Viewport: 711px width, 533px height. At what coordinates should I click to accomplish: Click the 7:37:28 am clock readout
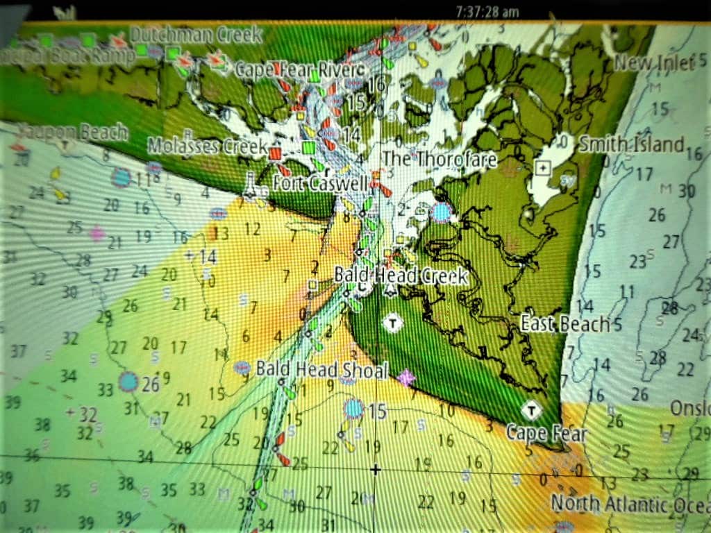click(x=487, y=12)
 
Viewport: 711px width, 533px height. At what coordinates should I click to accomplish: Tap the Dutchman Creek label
click(x=196, y=35)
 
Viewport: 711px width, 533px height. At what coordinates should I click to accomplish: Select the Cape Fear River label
click(x=300, y=69)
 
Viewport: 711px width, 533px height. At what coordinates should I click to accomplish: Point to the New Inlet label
click(x=654, y=64)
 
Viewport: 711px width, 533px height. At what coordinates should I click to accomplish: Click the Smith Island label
click(x=632, y=144)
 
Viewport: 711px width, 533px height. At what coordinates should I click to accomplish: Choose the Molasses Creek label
click(x=207, y=146)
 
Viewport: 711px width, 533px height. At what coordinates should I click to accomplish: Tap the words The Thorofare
click(x=439, y=160)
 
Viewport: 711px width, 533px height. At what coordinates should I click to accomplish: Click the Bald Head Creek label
click(x=401, y=275)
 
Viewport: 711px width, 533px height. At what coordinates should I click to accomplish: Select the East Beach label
click(x=566, y=323)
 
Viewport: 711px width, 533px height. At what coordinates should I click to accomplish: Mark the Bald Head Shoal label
click(x=321, y=369)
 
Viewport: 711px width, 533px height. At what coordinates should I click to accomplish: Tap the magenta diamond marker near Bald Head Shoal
click(x=405, y=378)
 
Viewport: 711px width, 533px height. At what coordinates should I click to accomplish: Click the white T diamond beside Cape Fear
click(x=532, y=410)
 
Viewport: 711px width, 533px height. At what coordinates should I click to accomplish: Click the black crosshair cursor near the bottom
click(x=376, y=470)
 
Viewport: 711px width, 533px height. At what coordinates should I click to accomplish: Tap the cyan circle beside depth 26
click(x=128, y=381)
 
